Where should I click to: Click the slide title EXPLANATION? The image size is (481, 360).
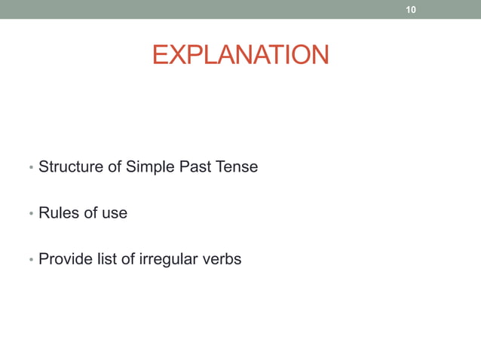pyautogui.click(x=240, y=55)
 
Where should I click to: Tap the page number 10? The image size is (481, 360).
pyautogui.click(x=411, y=10)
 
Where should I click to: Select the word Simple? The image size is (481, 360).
pyautogui.click(x=150, y=167)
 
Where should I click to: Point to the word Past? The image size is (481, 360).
pyautogui.click(x=195, y=166)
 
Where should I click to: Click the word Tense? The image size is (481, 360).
pyautogui.click(x=237, y=166)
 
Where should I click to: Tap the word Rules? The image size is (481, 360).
pyautogui.click(x=58, y=213)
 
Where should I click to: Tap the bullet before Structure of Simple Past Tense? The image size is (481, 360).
pyautogui.click(x=30, y=168)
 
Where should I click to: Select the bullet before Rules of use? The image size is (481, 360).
pyautogui.click(x=30, y=215)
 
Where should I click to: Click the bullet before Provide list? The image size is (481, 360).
pyautogui.click(x=30, y=261)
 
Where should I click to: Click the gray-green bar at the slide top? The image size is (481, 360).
pyautogui.click(x=226, y=9)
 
